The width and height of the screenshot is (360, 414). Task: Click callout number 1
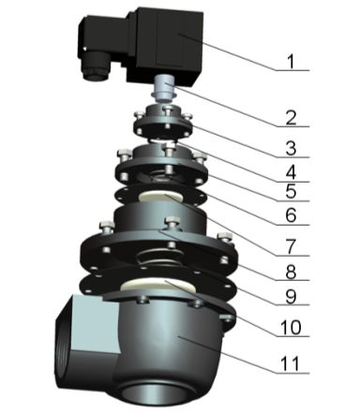291,62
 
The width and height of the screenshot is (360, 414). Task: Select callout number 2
291,118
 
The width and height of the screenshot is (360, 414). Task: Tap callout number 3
291,148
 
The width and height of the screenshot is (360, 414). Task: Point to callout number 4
291,172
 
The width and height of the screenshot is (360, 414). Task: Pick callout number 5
291,191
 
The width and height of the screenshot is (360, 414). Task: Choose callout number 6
291,215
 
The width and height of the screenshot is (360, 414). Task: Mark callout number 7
291,246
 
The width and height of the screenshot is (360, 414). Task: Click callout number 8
291,272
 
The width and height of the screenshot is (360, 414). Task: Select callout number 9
291,295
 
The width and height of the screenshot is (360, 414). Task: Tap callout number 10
291,327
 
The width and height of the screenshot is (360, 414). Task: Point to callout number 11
290,363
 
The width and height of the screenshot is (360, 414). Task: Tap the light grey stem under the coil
164,89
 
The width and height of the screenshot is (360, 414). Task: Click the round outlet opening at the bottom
154,394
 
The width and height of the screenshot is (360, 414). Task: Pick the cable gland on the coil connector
95,67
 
